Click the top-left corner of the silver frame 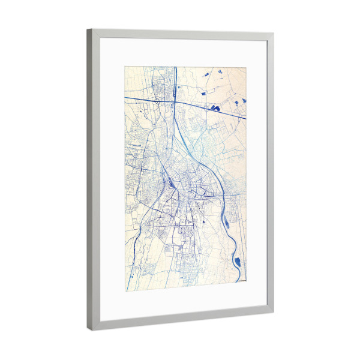pos(88,30)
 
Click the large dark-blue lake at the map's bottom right pos(238,262)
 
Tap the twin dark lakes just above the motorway pos(215,108)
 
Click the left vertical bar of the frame pos(92,180)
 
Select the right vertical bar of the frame pos(270,174)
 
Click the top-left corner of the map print pos(125,67)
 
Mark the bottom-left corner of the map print pos(126,291)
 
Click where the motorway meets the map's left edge pos(125,96)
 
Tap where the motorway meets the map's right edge pos(246,119)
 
